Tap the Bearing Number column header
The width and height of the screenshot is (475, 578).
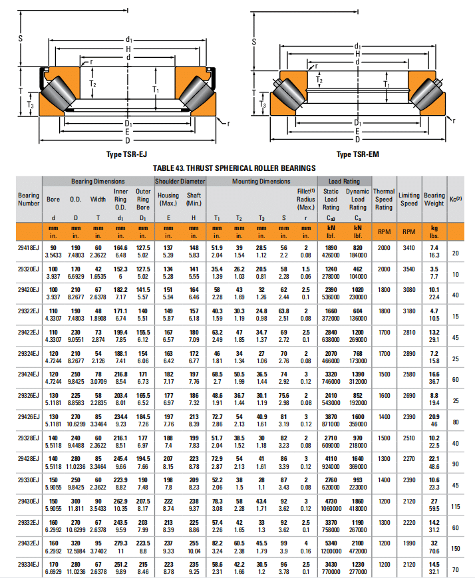coord(29,199)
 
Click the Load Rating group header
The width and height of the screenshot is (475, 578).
coord(344,181)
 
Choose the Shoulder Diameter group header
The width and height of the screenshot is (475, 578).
coord(180,181)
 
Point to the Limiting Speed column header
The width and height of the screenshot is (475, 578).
coord(408,199)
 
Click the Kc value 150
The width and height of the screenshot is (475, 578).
coord(456,549)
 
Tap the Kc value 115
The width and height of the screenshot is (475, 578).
coord(456,507)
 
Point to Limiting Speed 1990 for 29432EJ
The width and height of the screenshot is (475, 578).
coord(408,543)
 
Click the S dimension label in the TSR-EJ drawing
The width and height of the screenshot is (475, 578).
coord(21,39)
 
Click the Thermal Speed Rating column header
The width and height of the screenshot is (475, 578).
coord(384,199)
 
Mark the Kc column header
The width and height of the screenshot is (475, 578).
coord(456,199)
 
